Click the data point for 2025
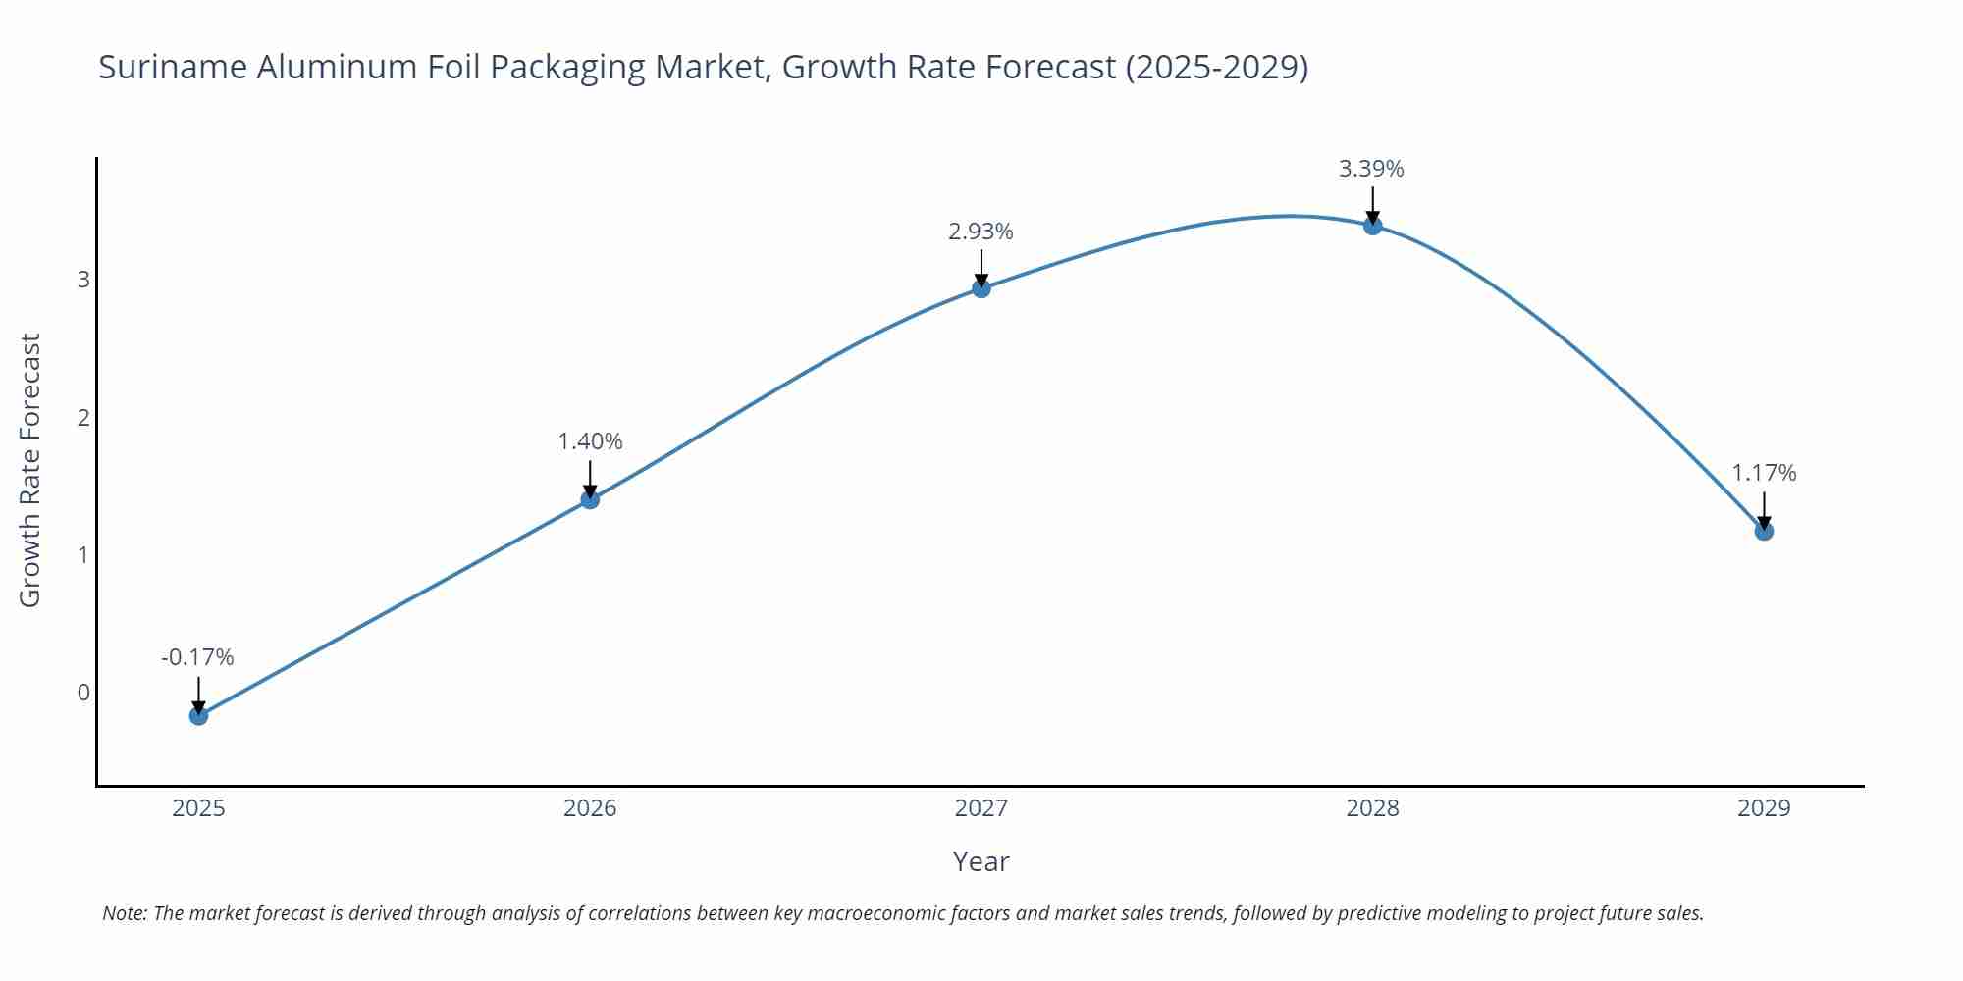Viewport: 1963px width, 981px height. click(198, 715)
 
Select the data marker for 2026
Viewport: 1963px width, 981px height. click(590, 499)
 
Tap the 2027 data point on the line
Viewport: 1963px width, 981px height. click(981, 287)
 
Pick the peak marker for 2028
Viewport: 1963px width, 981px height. click(1372, 225)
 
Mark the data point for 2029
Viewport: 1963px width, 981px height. click(1764, 531)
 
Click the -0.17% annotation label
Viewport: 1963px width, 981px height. click(197, 657)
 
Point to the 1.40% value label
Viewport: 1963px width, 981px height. click(590, 441)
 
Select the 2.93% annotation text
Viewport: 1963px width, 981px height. click(981, 232)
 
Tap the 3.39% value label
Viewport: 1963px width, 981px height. click(1371, 169)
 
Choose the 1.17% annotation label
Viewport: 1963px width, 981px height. click(1764, 473)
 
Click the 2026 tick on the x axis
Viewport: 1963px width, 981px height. click(590, 808)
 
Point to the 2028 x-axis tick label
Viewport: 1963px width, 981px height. click(1372, 808)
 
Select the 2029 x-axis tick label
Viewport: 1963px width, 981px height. click(1764, 808)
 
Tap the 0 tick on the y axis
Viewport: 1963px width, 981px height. click(83, 693)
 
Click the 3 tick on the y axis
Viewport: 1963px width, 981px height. click(83, 280)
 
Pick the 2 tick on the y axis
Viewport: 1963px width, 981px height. click(83, 418)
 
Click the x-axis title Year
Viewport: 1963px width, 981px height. click(981, 861)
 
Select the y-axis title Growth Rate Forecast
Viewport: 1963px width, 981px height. click(30, 471)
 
